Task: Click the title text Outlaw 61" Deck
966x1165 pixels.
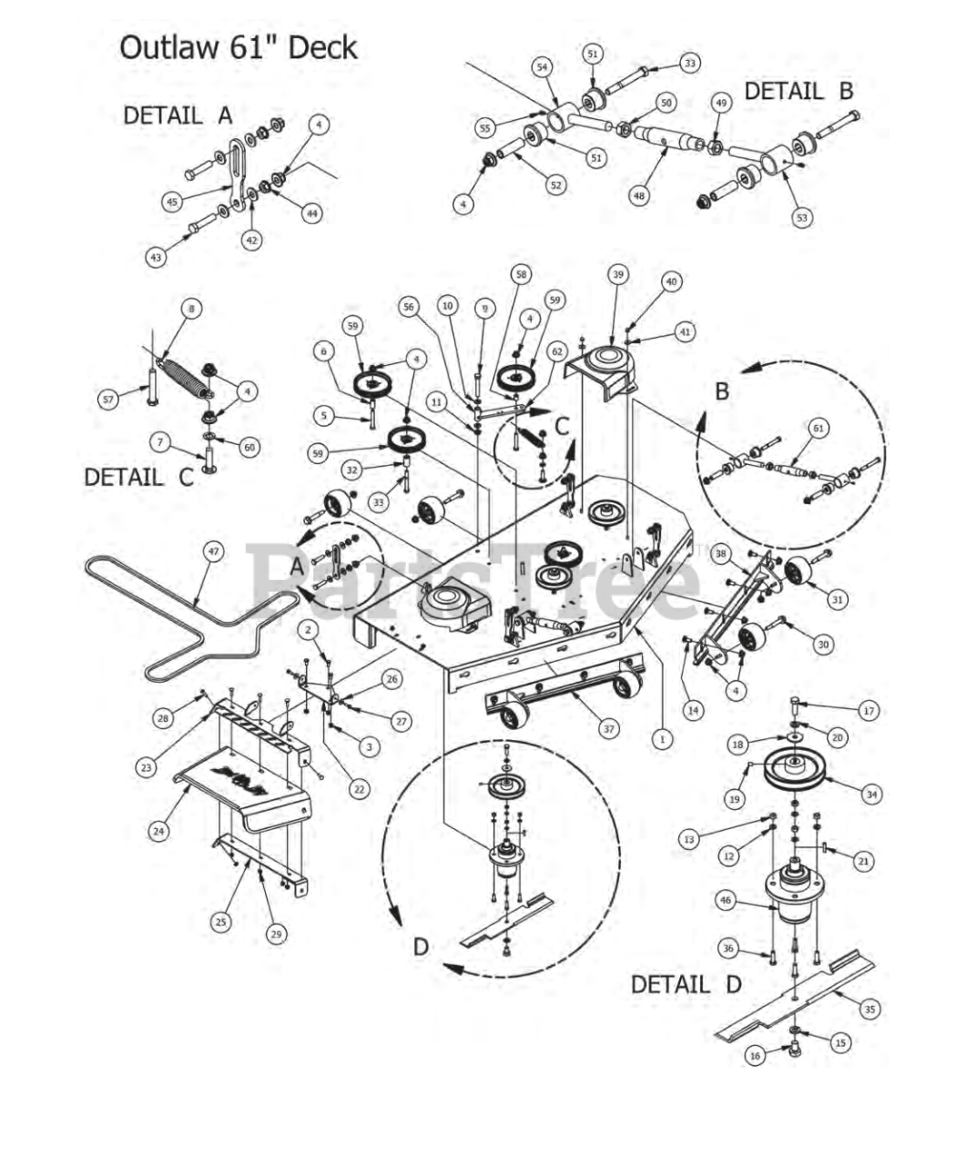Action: tap(238, 47)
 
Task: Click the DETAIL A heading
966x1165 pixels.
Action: tap(178, 116)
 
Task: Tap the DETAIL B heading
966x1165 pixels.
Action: tap(798, 91)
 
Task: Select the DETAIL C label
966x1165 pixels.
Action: tap(138, 477)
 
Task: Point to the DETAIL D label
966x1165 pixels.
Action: tap(686, 984)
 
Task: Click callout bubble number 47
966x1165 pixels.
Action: tap(212, 552)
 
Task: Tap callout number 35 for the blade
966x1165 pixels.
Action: tap(869, 1008)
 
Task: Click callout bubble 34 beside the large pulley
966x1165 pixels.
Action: tap(872, 795)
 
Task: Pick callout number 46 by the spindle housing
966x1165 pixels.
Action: tap(725, 900)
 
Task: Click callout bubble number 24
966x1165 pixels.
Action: tap(159, 830)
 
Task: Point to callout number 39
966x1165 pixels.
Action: tap(618, 275)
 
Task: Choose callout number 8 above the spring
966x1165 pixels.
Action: tap(189, 309)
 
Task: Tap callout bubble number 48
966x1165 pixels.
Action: tap(639, 193)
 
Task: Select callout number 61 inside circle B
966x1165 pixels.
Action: tap(819, 427)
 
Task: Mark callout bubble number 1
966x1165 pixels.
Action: tap(662, 739)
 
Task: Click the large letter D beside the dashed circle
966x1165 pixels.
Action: tap(420, 947)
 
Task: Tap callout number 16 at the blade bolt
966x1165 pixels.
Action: tap(755, 1056)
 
